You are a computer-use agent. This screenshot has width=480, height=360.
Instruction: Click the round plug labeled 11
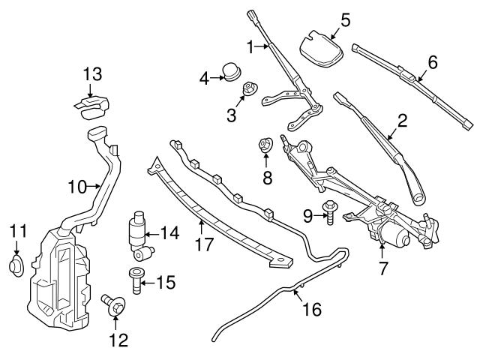point(16,265)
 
